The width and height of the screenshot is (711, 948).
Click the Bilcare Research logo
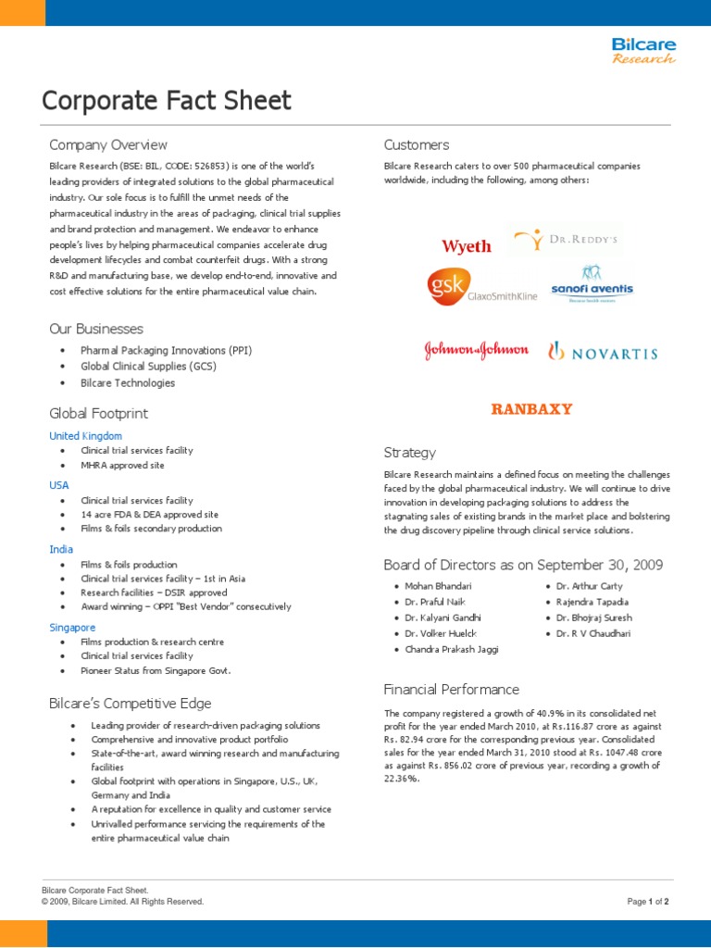[x=642, y=51]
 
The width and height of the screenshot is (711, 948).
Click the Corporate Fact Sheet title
[x=167, y=101]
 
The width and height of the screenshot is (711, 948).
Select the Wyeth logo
[x=467, y=246]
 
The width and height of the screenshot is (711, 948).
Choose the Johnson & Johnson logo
[x=476, y=350]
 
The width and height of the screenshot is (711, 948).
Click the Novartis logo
[x=603, y=352]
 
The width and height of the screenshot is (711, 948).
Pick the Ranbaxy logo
[x=531, y=408]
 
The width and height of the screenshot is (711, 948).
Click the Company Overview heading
[x=108, y=144]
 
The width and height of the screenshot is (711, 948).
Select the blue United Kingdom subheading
[x=85, y=435]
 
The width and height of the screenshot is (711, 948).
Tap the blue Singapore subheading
[x=72, y=627]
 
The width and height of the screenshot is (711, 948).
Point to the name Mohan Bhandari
[x=438, y=586]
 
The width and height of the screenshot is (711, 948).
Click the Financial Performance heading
[x=451, y=690]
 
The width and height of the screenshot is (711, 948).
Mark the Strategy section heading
[x=409, y=453]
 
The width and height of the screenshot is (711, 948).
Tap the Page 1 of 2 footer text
[x=647, y=901]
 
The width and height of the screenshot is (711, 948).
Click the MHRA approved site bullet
[x=123, y=465]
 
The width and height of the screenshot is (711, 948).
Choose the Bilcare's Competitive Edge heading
[x=130, y=704]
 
